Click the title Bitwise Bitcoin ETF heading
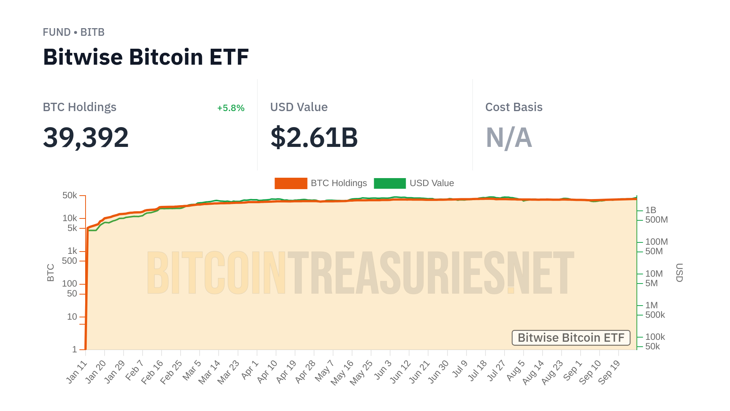(x=146, y=57)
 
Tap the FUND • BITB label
(x=73, y=32)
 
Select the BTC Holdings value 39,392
(x=86, y=137)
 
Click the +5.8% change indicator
(x=230, y=108)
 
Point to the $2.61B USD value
(x=314, y=137)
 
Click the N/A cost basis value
(x=508, y=137)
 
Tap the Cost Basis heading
(x=513, y=107)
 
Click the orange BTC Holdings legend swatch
(x=290, y=183)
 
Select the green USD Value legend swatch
(x=389, y=183)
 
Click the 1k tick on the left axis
(x=72, y=251)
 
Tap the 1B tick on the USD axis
(x=651, y=210)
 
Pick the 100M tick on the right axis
(x=656, y=242)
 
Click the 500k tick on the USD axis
(x=655, y=315)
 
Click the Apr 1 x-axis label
(x=250, y=370)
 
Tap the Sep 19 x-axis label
(x=609, y=372)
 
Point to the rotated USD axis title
(x=679, y=272)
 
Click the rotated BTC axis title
(x=51, y=272)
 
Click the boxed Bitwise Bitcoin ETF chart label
(x=571, y=338)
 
